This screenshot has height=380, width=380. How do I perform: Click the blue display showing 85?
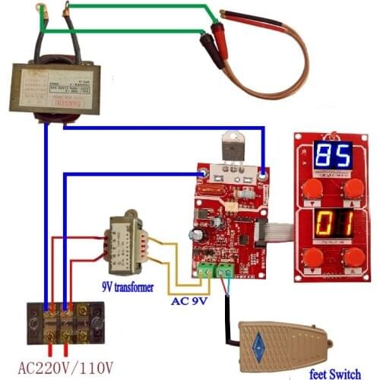pos(332,157)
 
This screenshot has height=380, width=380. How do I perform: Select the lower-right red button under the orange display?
pos(352,259)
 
